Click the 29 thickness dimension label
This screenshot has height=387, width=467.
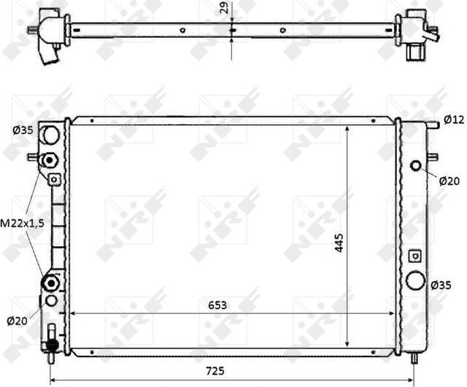tap(224, 10)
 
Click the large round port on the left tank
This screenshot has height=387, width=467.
tap(50, 134)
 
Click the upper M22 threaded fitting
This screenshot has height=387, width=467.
tap(50, 160)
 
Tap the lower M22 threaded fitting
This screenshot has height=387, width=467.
tap(50, 283)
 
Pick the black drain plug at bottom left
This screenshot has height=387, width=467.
tap(51, 340)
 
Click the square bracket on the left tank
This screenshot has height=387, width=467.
tap(54, 179)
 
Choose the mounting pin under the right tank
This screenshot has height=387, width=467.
tap(415, 359)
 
